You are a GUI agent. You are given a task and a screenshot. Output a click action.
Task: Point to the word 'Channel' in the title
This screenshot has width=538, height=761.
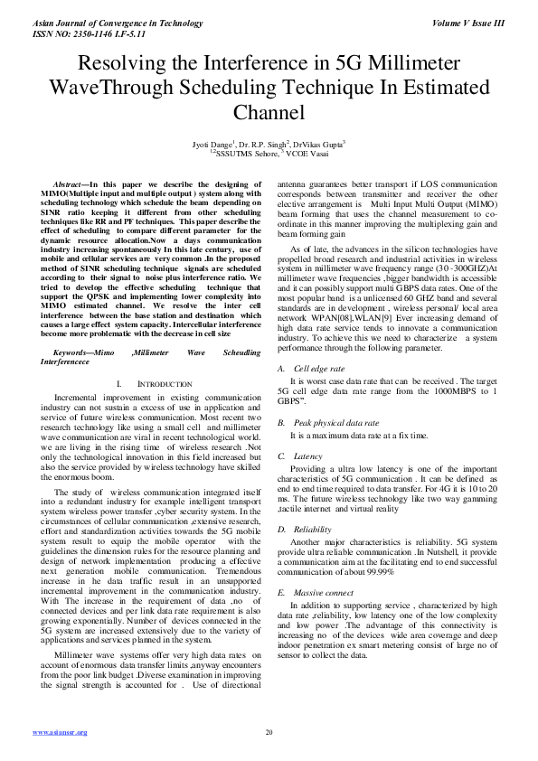tap(269, 113)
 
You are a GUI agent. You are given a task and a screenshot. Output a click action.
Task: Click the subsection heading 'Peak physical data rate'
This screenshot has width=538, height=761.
tap(335, 422)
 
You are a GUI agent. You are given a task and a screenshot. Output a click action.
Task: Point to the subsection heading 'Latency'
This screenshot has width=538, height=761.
tap(308, 456)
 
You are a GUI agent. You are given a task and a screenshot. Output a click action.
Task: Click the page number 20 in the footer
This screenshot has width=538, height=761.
tap(269, 732)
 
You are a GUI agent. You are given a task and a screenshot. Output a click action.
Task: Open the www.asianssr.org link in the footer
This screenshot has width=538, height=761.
tap(60, 732)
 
